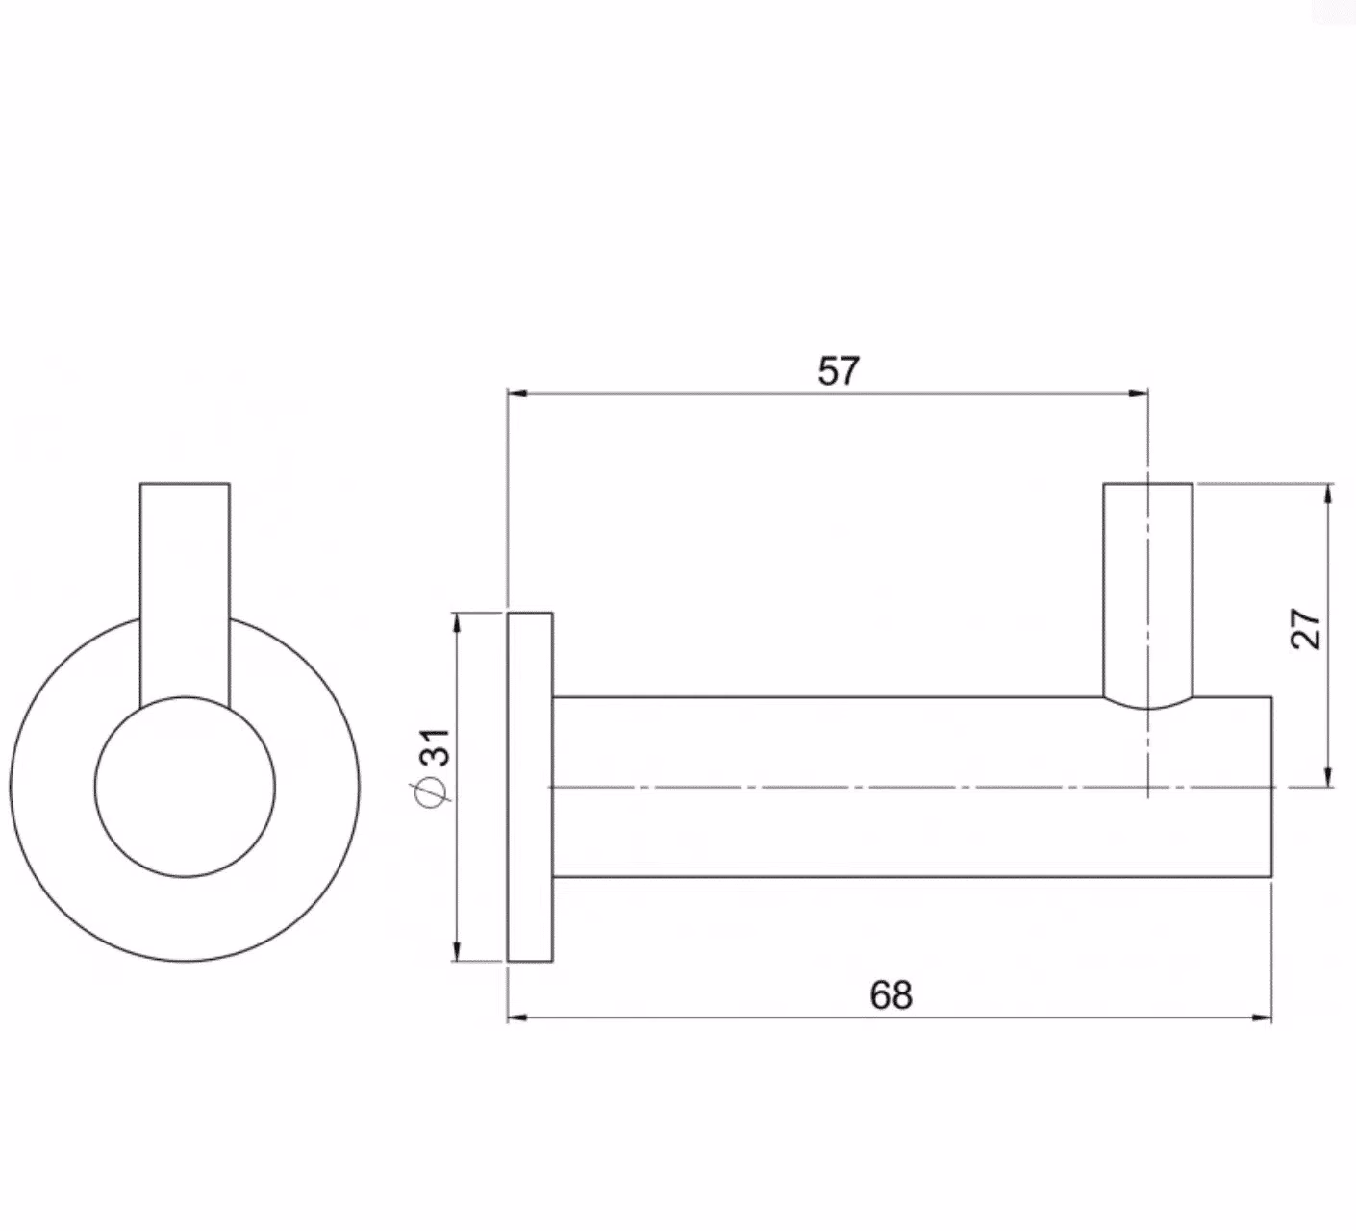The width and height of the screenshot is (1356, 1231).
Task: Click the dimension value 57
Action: (x=839, y=370)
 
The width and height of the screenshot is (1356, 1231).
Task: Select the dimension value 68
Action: (x=891, y=994)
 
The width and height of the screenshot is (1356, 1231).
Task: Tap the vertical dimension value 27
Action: (x=1306, y=629)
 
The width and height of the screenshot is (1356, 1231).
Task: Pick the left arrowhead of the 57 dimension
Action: (x=517, y=392)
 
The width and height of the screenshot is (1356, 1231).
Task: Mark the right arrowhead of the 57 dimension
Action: (x=1139, y=392)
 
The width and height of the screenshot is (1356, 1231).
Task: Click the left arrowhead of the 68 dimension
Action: (x=517, y=1017)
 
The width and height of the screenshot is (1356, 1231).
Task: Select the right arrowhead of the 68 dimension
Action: (x=1262, y=1017)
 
